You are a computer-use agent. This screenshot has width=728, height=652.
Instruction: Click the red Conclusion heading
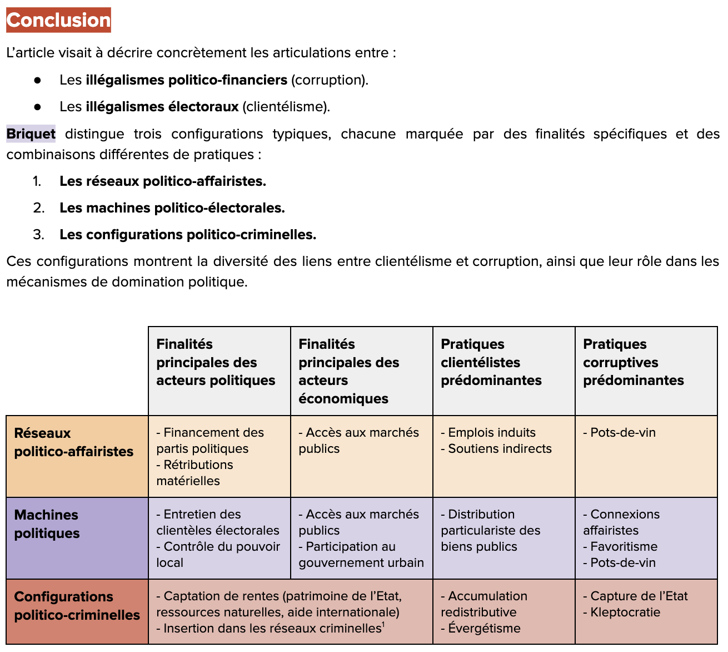coord(58,20)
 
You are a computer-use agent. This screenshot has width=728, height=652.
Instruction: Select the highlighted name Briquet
coord(31,134)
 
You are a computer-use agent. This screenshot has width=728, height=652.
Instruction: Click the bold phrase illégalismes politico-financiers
coord(186,80)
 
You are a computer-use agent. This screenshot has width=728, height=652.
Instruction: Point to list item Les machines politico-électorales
coord(172,208)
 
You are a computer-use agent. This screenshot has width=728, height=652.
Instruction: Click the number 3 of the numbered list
coord(38,235)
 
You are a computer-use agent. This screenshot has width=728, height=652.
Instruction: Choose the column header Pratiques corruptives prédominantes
coord(633,362)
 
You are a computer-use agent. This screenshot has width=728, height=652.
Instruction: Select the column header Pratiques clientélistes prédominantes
coord(491,362)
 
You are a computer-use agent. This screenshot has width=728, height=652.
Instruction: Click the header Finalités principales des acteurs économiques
coord(348,371)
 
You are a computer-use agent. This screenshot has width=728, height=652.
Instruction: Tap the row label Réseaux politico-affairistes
coord(73,442)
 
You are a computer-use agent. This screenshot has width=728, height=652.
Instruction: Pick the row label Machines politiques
coord(47,524)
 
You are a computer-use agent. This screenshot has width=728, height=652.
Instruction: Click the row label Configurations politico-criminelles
coord(77,606)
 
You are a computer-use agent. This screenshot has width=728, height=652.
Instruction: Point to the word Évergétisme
coord(484,629)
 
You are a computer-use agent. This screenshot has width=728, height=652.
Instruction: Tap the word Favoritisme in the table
coord(624,547)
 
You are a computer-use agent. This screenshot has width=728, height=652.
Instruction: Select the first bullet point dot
coord(38,80)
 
